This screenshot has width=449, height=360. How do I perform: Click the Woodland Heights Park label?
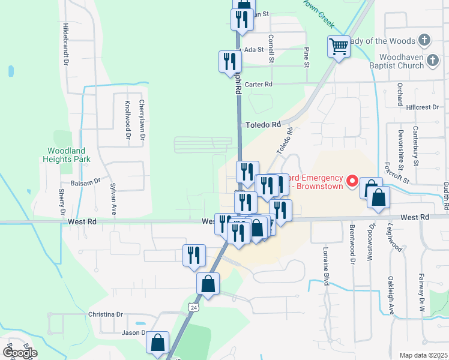[x=66, y=155]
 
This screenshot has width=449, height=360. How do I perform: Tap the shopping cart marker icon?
[x=339, y=46]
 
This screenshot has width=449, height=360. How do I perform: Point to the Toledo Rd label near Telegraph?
[x=264, y=125]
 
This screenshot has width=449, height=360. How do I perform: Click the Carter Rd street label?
[x=259, y=85]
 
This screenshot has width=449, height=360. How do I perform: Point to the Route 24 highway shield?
[x=193, y=307]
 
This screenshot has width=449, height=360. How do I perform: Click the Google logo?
[x=20, y=352]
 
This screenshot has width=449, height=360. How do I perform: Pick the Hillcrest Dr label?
[x=423, y=107]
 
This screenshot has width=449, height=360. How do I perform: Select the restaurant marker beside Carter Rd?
[x=230, y=62]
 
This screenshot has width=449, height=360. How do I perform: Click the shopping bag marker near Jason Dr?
[x=157, y=343]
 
